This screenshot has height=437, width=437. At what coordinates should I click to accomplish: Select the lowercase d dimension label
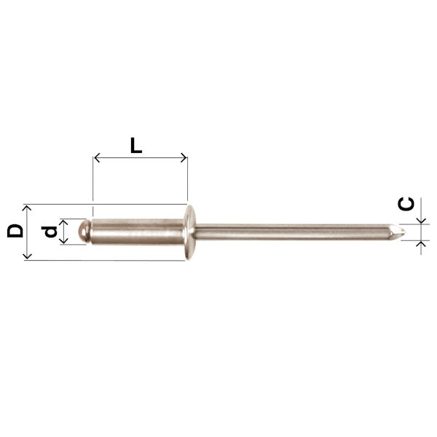coord(49,232)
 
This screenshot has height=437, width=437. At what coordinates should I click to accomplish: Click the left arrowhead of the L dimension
coord(97,157)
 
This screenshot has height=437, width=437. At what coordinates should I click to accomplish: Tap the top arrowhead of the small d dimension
coord(63,221)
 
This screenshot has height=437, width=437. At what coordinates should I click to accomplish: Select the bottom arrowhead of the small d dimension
coord(63,241)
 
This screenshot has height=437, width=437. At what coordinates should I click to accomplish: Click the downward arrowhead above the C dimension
coord(420,221)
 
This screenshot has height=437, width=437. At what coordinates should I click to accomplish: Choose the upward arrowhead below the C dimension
coord(420,243)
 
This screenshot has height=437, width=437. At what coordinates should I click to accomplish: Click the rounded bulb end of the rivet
coord(84,232)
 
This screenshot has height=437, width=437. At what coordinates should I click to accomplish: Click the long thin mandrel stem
coord(291,232)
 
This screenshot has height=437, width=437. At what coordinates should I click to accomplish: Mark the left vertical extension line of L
coord(93,182)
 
